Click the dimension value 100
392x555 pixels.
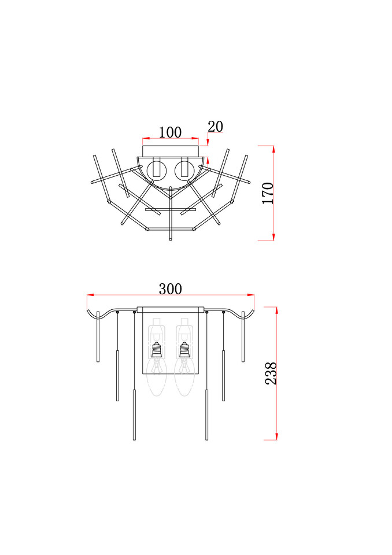(170, 132)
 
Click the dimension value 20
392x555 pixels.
(215, 127)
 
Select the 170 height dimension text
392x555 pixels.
(268, 193)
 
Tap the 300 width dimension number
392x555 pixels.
(171, 289)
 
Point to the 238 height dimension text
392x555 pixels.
(271, 373)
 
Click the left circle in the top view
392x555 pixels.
(156, 171)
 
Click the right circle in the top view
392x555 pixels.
(184, 171)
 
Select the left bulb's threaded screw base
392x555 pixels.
(156, 349)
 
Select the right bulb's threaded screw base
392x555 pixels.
(184, 349)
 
